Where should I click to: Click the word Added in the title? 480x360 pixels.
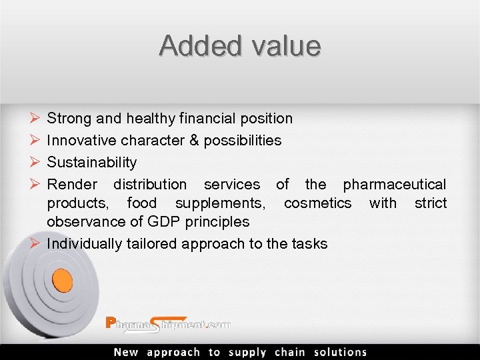194,45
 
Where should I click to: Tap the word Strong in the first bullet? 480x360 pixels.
69,119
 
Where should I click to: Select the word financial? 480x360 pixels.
209,119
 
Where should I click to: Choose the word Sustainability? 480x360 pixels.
92,163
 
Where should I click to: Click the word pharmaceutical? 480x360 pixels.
395,184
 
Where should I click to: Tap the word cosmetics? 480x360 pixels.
317,203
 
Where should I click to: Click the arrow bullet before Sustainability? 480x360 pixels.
34,163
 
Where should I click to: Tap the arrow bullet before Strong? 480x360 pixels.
34,119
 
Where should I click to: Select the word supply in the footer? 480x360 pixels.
247,352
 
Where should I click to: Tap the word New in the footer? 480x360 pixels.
126,352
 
